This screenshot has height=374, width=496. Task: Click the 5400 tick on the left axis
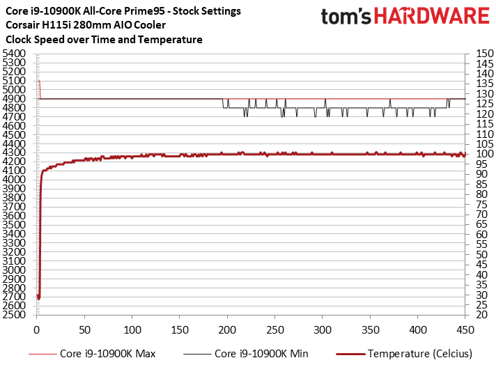tap(14, 54)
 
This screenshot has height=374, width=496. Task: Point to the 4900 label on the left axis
tap(14, 99)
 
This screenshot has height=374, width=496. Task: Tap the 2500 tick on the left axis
tap(14, 315)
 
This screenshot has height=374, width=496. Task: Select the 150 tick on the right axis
tap(485, 54)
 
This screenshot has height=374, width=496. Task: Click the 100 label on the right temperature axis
tap(485, 154)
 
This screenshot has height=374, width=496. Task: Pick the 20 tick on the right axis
tap(482, 315)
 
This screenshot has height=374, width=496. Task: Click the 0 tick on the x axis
tap(37, 330)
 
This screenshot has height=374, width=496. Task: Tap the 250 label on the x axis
tap(275, 330)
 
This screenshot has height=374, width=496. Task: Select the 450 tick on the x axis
tap(465, 330)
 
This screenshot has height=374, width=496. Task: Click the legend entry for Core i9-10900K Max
tap(92, 353)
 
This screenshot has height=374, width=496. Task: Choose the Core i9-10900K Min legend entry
tap(246, 353)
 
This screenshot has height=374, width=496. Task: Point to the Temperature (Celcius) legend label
tap(420, 353)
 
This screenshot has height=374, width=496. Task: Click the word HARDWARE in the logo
tap(432, 16)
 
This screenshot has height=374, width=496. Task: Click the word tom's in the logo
tap(346, 17)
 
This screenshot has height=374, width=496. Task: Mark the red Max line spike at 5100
tap(38, 81)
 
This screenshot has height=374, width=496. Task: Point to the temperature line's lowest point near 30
tap(38, 298)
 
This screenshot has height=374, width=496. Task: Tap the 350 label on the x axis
tap(370, 330)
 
